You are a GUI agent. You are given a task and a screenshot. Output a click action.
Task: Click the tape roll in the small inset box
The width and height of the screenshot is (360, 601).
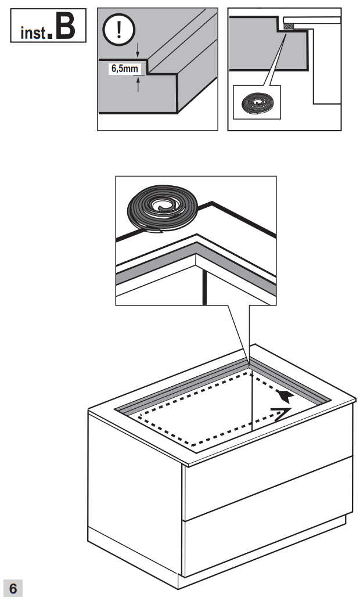pyautogui.click(x=256, y=104)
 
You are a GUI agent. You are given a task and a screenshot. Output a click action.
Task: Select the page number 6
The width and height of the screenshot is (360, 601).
pyautogui.click(x=13, y=588)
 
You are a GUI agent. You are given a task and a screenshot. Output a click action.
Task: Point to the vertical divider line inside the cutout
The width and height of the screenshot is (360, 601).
pyautogui.click(x=252, y=401)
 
